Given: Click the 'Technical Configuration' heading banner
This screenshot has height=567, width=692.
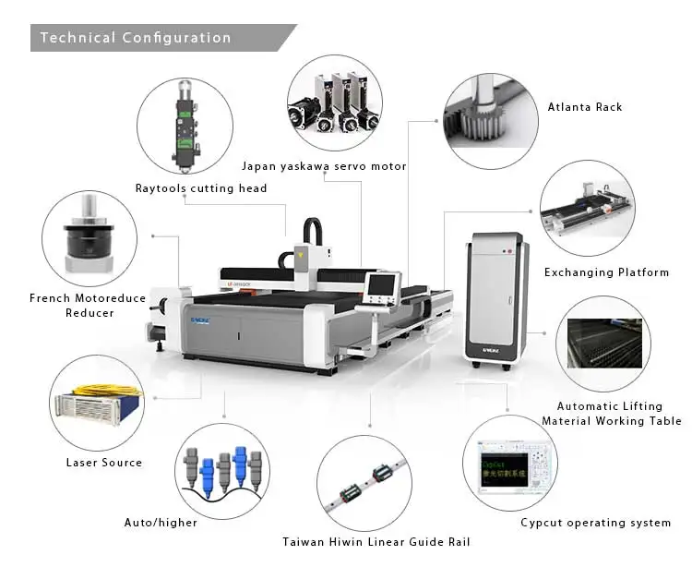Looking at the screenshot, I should [x=136, y=38].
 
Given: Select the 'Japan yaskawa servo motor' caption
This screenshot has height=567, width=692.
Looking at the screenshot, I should [x=324, y=166].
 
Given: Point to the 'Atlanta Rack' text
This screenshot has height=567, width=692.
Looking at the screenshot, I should [x=585, y=107].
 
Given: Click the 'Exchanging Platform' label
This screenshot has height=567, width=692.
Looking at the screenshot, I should [x=605, y=272].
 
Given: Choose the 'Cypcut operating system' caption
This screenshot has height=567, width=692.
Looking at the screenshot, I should [x=595, y=523].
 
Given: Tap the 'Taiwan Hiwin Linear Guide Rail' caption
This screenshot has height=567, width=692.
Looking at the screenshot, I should [x=376, y=542].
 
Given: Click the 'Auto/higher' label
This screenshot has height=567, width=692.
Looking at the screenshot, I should [x=161, y=523].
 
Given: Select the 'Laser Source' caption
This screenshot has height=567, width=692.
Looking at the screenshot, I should [x=104, y=462].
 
